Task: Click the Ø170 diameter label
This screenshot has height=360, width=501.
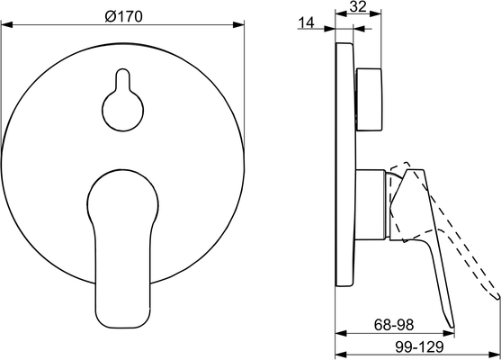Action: click(123, 16)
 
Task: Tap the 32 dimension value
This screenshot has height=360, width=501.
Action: click(358, 6)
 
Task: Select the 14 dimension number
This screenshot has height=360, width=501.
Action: click(306, 22)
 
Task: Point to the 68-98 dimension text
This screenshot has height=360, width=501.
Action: click(394, 325)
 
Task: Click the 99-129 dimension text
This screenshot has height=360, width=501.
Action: click(419, 346)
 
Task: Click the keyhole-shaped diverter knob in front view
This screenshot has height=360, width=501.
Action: click(122, 100)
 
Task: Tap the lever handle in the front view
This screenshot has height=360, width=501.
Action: click(122, 248)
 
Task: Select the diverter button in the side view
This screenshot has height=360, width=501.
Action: click(369, 99)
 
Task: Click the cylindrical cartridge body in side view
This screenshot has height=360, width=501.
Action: click(371, 204)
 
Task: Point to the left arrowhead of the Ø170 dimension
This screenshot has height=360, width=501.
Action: click(6, 24)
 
